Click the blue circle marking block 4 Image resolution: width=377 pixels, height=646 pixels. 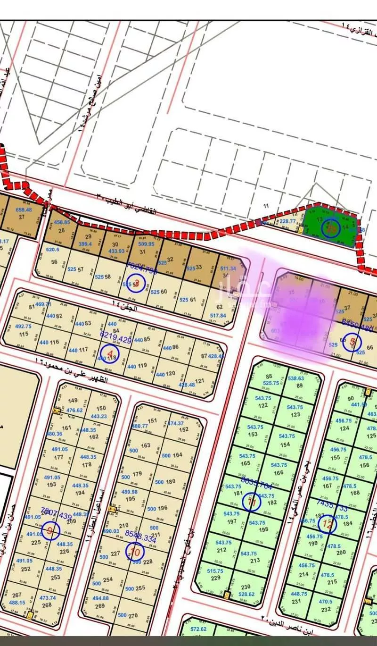(x=110, y=353)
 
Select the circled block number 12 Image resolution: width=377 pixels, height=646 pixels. (x=327, y=524)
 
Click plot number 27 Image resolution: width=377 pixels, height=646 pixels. (x=21, y=217)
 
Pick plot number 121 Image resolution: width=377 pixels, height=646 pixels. (x=199, y=380)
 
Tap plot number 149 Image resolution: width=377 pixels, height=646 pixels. (x=73, y=401)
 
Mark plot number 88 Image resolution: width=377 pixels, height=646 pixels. (x=269, y=376)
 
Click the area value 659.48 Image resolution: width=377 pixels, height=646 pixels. (x=24, y=210)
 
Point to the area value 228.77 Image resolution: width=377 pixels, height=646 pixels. (x=287, y=221)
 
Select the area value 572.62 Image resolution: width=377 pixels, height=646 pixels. (x=198, y=629)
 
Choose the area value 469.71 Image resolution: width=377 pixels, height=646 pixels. (x=42, y=304)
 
